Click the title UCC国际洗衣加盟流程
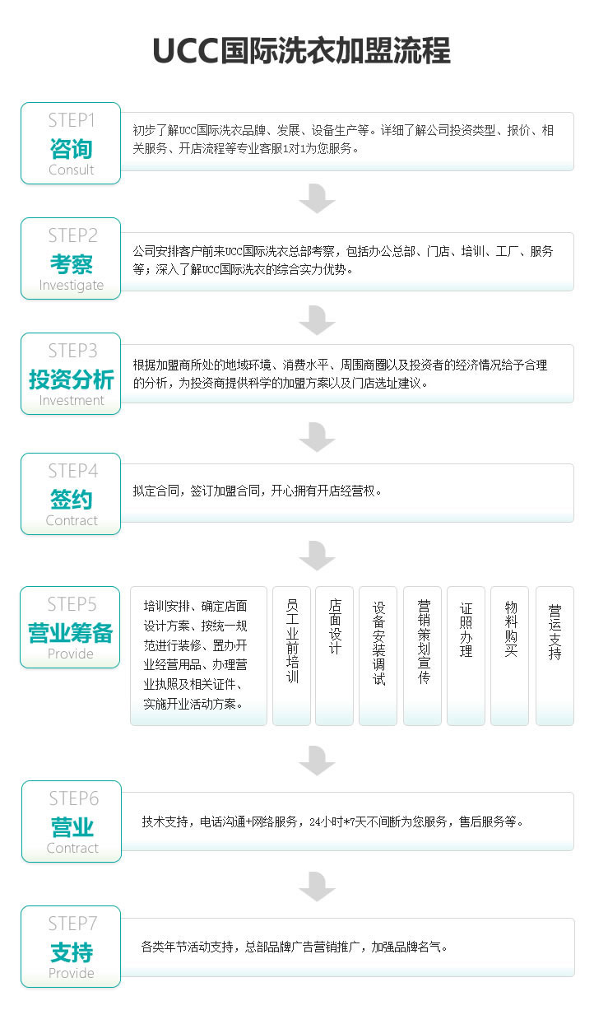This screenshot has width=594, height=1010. (x=301, y=50)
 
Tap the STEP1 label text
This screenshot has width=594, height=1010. (x=72, y=120)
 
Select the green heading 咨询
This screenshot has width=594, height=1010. (x=72, y=149)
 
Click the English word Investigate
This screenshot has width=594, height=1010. (x=72, y=285)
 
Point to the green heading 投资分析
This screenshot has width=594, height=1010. (x=72, y=379)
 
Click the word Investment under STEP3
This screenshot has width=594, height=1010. (x=72, y=400)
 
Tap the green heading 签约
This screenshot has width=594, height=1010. (x=72, y=500)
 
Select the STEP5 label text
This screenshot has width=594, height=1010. (x=72, y=604)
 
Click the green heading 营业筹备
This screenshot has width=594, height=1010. (x=70, y=633)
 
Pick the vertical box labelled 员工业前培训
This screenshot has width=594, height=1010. (x=291, y=655)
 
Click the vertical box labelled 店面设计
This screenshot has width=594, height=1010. (x=334, y=655)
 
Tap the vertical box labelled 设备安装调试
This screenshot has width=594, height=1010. (x=378, y=655)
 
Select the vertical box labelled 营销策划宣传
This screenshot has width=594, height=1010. (x=422, y=655)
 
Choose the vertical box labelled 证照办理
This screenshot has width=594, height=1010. (x=466, y=655)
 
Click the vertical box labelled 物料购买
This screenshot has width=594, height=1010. (x=510, y=655)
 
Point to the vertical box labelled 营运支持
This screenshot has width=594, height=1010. (x=555, y=655)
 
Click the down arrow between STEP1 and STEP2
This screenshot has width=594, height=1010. (x=317, y=198)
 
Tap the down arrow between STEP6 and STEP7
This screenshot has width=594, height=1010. (x=317, y=887)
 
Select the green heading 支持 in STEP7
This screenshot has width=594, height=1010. (x=72, y=952)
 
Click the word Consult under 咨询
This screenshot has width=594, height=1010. (x=72, y=170)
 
